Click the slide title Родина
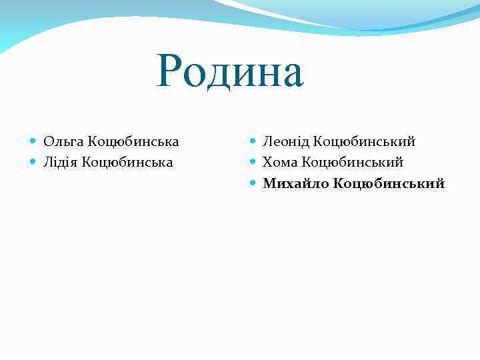click(231, 73)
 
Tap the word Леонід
click(285, 141)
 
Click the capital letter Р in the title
click(171, 73)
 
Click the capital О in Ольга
click(48, 141)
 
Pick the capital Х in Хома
click(267, 162)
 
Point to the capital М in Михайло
click(269, 183)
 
